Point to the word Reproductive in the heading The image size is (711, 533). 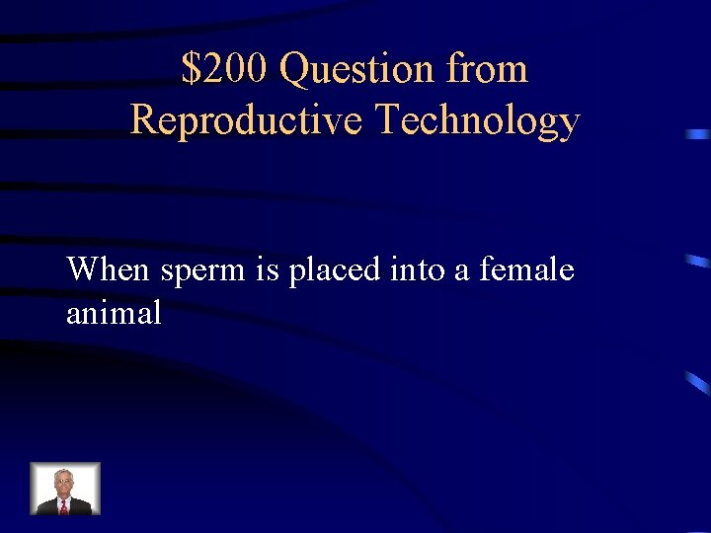(x=249, y=120)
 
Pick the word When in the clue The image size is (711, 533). (x=110, y=268)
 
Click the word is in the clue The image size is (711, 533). (x=269, y=268)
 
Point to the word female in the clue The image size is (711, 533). (x=526, y=268)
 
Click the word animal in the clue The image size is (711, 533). (x=114, y=314)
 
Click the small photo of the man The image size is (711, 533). (x=65, y=489)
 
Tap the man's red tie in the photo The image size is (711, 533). (x=64, y=506)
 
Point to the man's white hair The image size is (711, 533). (x=64, y=474)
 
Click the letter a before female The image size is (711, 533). (x=462, y=270)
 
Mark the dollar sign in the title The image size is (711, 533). (x=190, y=69)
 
